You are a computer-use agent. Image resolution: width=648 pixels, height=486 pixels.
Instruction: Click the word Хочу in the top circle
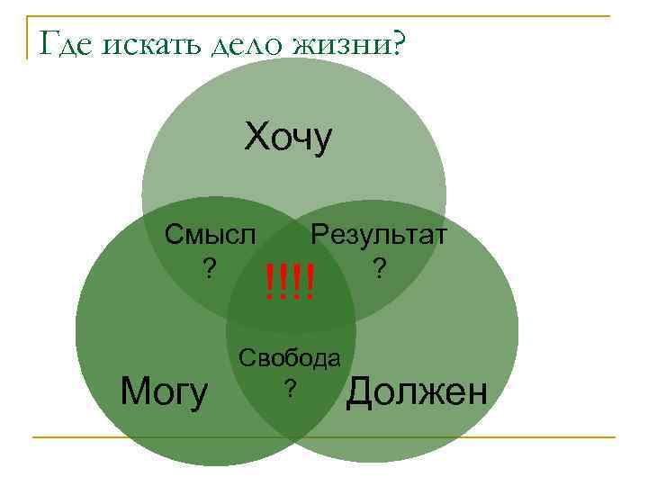point(289,138)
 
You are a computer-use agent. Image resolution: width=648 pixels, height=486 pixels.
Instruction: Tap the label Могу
point(165,391)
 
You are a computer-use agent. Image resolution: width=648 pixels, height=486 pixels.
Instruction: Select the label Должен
point(418,391)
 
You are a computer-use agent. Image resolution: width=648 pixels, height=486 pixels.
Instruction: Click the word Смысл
point(210,235)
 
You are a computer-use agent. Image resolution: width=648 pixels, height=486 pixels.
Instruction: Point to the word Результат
point(379,235)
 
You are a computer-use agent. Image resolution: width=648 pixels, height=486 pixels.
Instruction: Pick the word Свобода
point(289,358)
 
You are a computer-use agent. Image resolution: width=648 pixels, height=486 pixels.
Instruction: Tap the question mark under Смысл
point(209,268)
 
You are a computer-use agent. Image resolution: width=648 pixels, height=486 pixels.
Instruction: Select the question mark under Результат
point(380,268)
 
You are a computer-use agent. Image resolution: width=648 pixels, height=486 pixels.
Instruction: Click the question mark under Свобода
point(289,388)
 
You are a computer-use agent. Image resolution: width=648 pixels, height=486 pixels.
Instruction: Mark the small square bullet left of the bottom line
point(36,437)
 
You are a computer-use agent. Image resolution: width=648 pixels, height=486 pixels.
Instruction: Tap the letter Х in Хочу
point(256,138)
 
